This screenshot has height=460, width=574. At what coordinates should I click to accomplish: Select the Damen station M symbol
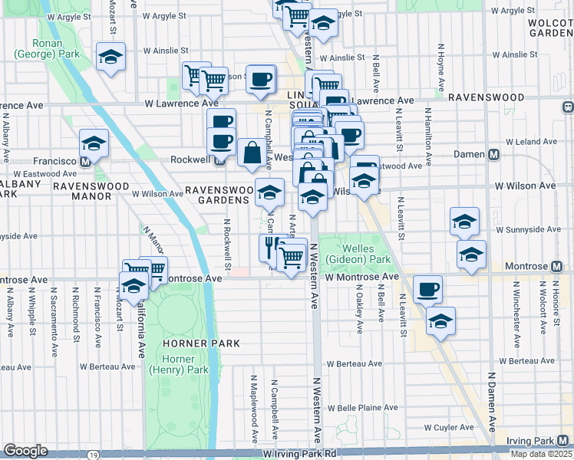(x=494, y=154)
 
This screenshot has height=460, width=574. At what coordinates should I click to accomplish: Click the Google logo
(x=25, y=451)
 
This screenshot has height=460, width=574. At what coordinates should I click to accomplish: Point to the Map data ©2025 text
(x=541, y=454)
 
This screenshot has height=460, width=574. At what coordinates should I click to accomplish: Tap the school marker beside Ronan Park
(x=111, y=58)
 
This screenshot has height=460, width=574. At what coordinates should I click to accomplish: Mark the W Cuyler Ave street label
(x=451, y=428)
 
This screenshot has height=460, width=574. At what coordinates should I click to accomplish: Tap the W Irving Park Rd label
(x=299, y=454)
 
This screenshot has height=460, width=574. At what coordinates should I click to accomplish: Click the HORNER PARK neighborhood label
(x=181, y=323)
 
